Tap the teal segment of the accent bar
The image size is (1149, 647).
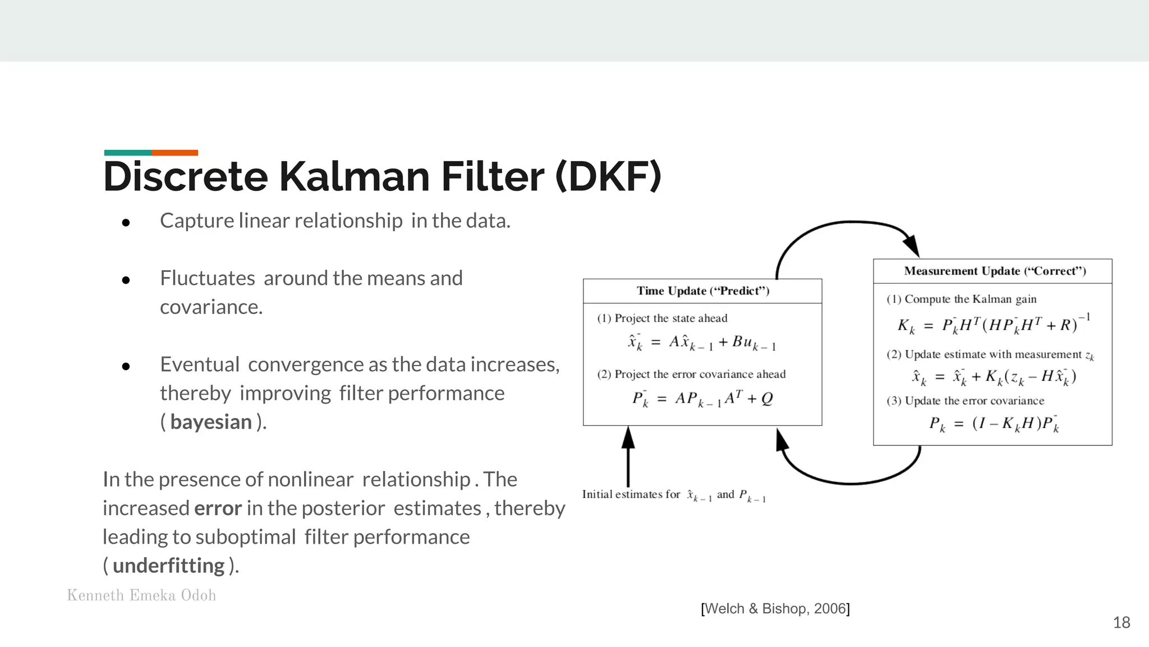coord(127,153)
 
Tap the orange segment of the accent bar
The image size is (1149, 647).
coord(174,153)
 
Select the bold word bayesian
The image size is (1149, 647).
coord(211,422)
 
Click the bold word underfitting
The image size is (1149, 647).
coord(168,566)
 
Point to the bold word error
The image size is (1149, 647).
coord(218,508)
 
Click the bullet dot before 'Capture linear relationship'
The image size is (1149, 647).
coord(126,223)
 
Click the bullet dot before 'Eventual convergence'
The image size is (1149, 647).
coord(126,367)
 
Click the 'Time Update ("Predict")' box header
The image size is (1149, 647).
coord(702,291)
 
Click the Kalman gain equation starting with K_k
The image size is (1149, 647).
coord(993,325)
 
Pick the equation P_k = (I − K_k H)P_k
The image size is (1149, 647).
coord(994,423)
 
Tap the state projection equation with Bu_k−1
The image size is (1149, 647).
coord(702,342)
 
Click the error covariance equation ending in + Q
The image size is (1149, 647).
coord(702,398)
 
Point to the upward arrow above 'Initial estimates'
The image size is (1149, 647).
coord(628,455)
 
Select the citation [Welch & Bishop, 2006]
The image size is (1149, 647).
coord(775,609)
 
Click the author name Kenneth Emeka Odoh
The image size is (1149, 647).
coord(141,595)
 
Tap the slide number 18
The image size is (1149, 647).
coord(1122,622)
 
